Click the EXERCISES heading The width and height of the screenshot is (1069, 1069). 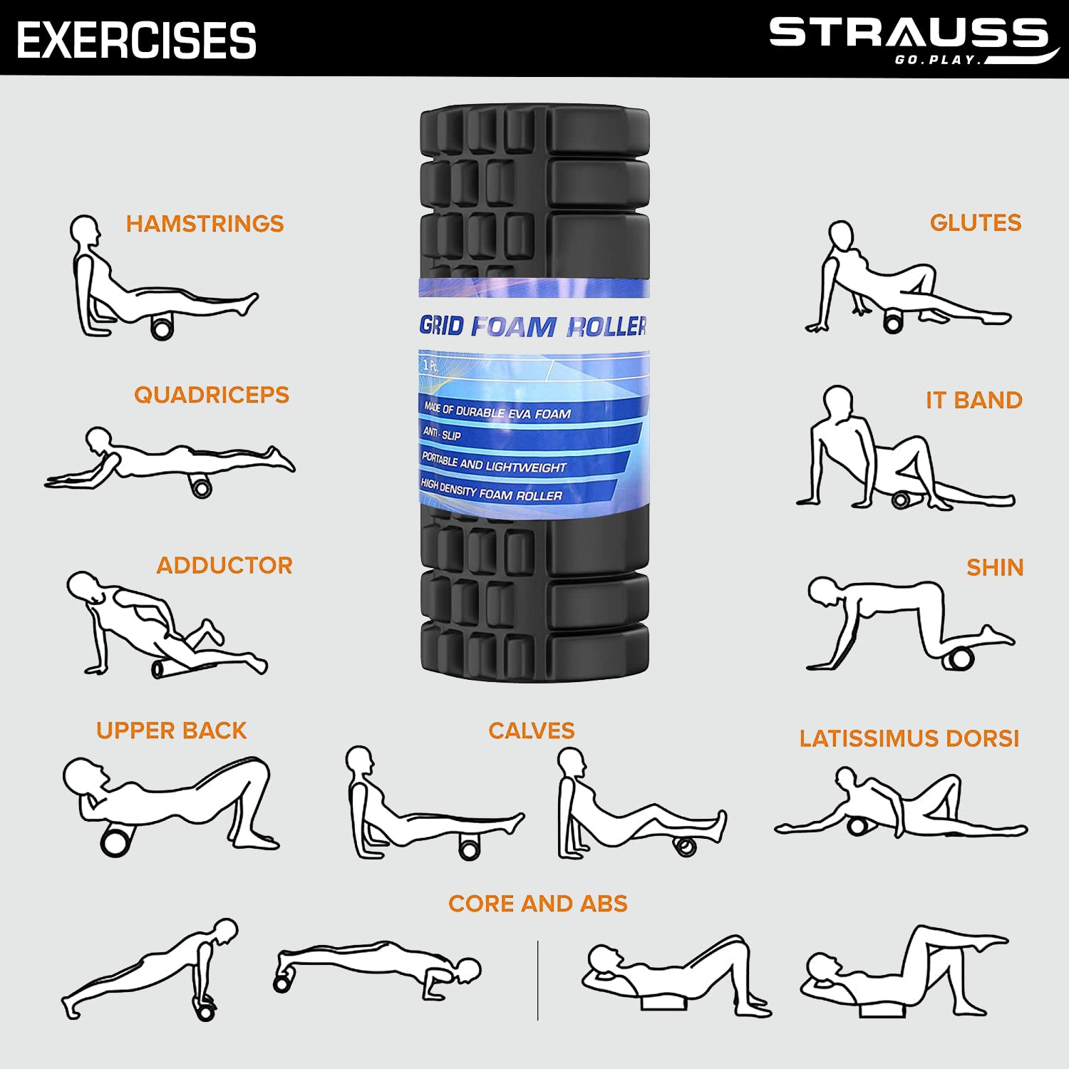tap(136, 40)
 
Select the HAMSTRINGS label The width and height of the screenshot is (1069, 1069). tap(205, 224)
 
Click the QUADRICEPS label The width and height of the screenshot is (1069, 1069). tap(212, 395)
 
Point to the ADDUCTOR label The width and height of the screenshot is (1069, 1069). tap(224, 566)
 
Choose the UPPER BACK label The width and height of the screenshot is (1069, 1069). tap(171, 730)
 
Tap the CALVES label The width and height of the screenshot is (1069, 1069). tap(532, 730)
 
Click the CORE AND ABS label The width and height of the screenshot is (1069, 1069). tap(538, 904)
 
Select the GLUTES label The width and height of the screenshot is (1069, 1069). tap(976, 223)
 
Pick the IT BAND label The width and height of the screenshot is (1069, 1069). tap(974, 401)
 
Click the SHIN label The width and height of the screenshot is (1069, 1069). tap(995, 568)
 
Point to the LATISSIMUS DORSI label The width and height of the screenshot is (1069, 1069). tap(909, 738)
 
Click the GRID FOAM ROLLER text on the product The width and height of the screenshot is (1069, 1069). tap(533, 326)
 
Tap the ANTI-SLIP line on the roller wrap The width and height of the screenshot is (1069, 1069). tap(442, 433)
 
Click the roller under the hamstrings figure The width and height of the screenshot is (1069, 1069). tap(162, 329)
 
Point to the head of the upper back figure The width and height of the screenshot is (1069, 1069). tap(83, 776)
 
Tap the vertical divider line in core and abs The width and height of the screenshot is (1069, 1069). tap(538, 980)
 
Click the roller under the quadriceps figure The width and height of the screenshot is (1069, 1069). tap(202, 488)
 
